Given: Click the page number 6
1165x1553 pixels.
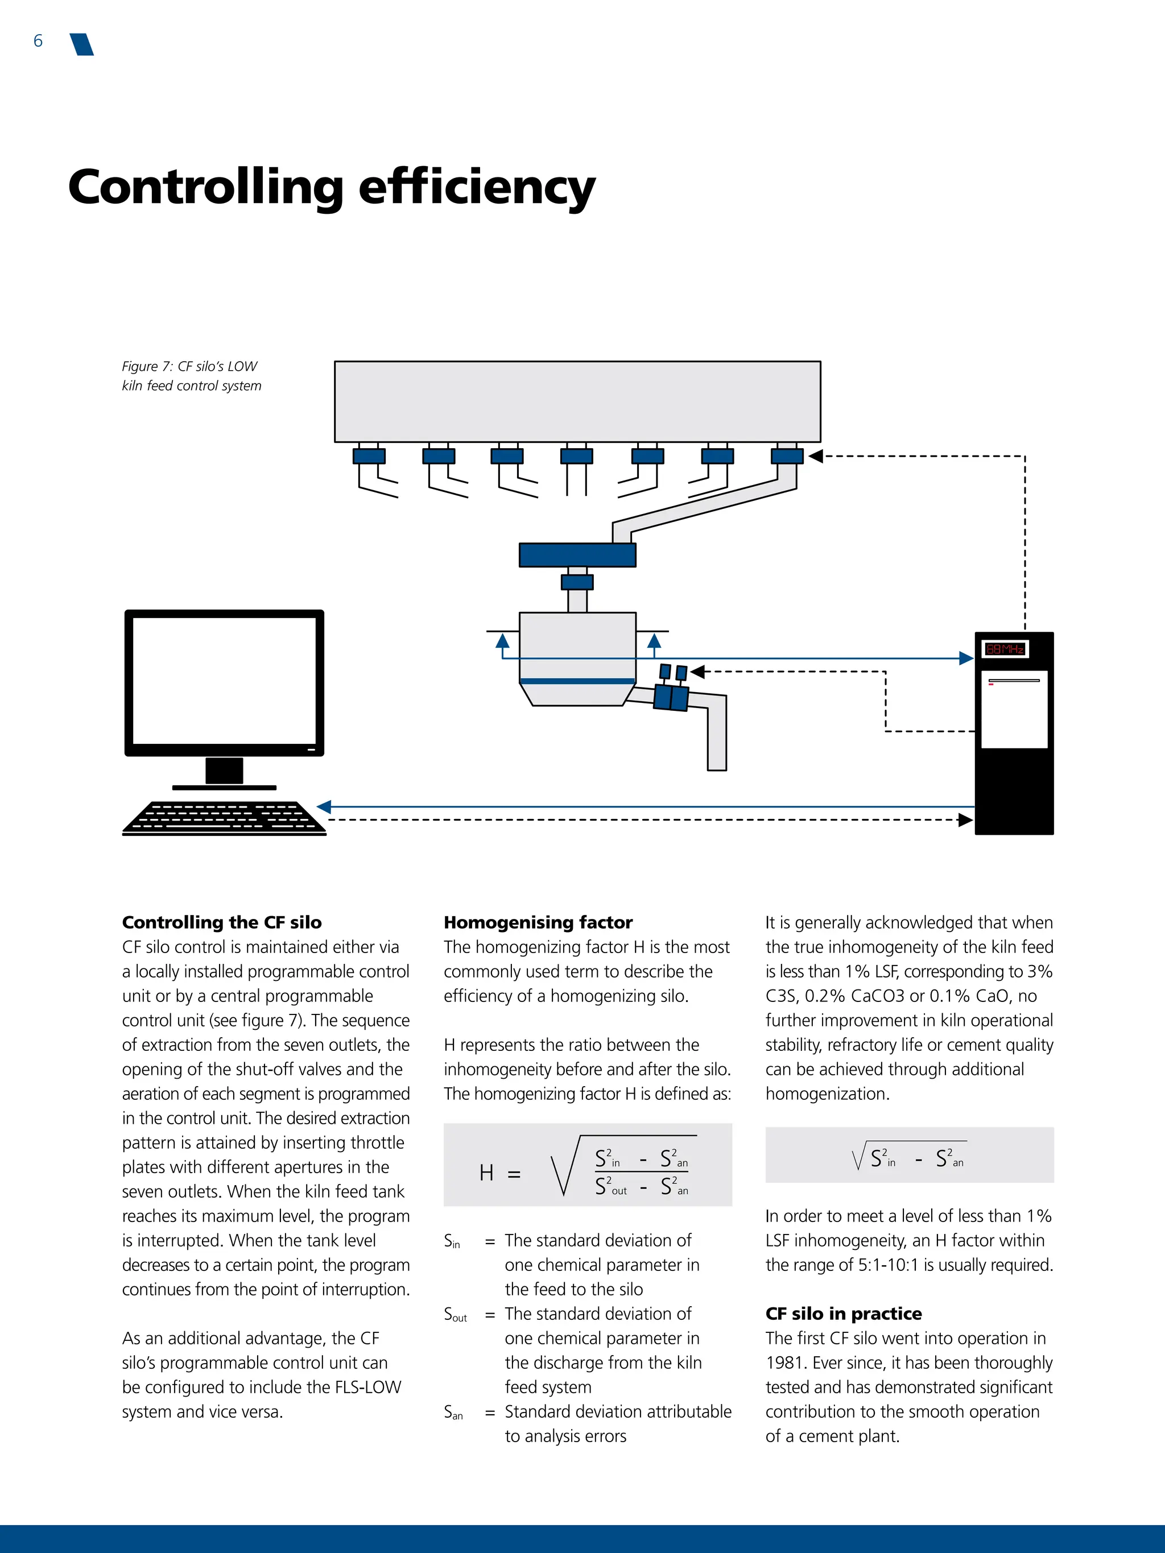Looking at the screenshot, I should click(x=38, y=42).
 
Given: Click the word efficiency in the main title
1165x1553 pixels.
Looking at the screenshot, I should click(x=477, y=188).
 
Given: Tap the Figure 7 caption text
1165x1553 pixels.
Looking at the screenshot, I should click(x=191, y=376).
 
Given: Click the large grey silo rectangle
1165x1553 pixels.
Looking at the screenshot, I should click(x=577, y=401).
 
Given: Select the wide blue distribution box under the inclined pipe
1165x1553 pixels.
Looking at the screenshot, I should click(x=577, y=554).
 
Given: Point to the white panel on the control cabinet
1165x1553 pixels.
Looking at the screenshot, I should click(x=1013, y=709).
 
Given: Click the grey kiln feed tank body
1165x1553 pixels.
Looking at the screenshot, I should click(x=577, y=646).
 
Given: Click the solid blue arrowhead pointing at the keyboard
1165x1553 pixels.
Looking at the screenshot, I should click(x=324, y=807).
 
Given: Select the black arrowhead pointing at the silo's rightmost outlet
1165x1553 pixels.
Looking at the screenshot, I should click(x=815, y=457).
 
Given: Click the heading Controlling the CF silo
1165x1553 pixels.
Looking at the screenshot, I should click(x=222, y=922).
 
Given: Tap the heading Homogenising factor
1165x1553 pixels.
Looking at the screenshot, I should click(x=538, y=922).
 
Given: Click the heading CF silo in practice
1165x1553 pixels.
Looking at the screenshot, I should click(x=844, y=1313).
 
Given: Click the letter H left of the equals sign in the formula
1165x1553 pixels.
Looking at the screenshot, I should click(x=486, y=1173).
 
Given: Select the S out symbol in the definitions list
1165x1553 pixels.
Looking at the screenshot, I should click(x=455, y=1314).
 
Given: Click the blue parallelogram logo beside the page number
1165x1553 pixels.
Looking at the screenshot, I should click(x=82, y=44).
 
